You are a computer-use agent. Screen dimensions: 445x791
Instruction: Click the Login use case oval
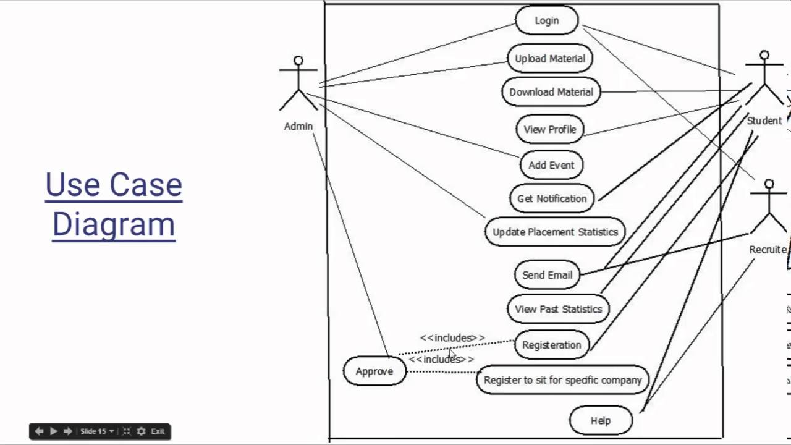[546, 20]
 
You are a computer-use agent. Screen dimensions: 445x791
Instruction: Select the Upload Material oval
[549, 59]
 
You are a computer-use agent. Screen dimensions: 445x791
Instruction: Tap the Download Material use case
[551, 92]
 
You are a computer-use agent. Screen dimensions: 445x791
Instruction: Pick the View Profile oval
[549, 129]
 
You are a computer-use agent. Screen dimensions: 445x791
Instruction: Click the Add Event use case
[551, 165]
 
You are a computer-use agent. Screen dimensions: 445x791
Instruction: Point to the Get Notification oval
[552, 198]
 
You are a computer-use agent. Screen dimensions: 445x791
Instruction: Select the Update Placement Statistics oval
[555, 232]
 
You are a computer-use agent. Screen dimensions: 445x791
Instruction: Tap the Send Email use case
[547, 275]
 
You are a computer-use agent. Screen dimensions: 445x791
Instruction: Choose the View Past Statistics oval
[558, 309]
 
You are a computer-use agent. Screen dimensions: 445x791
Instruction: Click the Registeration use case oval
[551, 345]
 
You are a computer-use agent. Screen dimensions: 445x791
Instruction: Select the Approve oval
[374, 371]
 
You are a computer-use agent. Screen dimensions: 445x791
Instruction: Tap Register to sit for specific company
[562, 380]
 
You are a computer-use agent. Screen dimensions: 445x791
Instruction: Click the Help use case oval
[600, 420]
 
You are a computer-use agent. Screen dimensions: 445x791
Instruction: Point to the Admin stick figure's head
[298, 61]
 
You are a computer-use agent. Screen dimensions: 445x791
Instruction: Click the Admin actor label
[298, 126]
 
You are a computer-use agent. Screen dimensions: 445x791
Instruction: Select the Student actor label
[764, 121]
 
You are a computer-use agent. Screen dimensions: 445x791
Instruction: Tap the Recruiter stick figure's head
[769, 184]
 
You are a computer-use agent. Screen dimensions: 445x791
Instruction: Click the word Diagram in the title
[114, 224]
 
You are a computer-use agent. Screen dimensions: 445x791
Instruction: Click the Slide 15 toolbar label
[93, 431]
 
